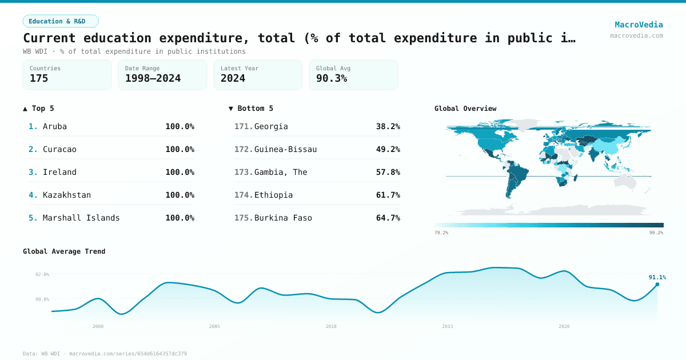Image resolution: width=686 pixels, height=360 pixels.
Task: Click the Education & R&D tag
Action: pos(61,21)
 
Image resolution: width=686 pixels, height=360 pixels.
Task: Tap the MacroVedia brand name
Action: pos(639,25)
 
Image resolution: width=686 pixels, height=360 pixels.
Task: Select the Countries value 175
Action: pos(39,78)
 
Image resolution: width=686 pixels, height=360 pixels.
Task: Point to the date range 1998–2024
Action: pos(153,78)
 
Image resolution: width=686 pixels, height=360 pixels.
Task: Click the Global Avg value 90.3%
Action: pos(332,78)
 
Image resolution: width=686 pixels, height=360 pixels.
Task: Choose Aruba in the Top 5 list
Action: pos(55,126)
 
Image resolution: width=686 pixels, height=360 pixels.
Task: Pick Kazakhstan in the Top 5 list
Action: pos(67,195)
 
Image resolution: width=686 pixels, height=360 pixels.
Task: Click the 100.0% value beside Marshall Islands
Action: pos(180,218)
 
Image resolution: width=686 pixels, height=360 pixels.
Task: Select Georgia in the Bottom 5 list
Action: pos(271,126)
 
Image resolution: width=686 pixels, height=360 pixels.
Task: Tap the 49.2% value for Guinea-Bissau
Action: pos(388,149)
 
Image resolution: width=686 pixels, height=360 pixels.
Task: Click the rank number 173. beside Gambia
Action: pos(244,172)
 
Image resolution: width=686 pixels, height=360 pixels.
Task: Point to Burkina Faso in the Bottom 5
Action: pos(283,218)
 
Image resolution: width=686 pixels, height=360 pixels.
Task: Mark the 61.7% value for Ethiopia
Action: pos(388,195)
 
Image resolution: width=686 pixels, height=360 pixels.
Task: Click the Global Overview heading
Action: pos(465,109)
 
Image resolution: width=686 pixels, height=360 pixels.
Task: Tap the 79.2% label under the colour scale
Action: pos(441,233)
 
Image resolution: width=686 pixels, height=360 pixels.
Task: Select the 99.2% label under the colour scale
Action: pos(656,233)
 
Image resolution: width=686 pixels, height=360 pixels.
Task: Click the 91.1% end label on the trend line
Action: pos(657,277)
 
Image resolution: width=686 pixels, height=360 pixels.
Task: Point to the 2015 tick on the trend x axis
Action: pos(448,326)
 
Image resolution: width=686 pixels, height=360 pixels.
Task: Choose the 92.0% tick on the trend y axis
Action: pos(42,274)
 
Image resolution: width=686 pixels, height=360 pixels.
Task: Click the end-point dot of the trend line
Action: pos(657,284)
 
